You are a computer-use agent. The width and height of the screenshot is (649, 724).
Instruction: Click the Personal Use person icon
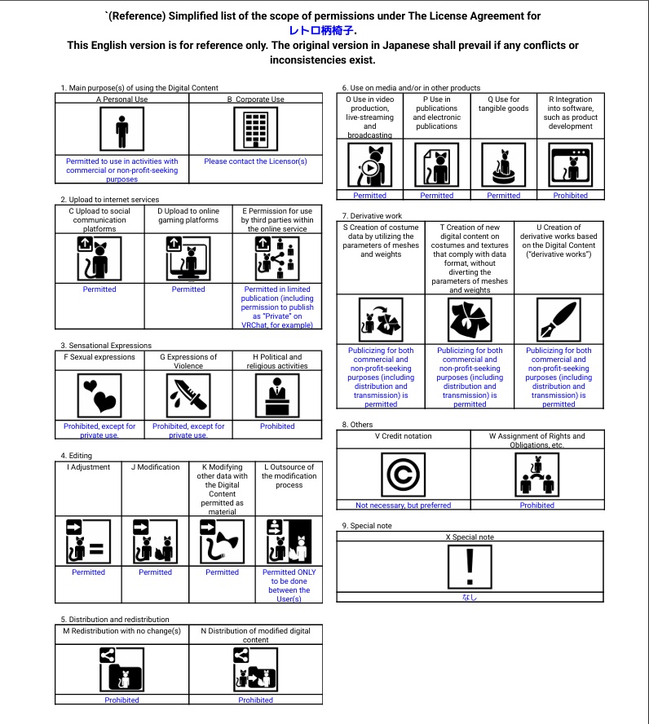click(x=121, y=129)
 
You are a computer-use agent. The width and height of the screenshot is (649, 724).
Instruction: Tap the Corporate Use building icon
click(x=256, y=129)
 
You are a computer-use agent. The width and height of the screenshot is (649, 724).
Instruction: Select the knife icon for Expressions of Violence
click(x=188, y=395)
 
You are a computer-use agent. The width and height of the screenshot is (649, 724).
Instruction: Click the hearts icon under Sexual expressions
click(x=99, y=395)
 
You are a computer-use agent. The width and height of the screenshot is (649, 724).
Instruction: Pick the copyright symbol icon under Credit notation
click(x=403, y=475)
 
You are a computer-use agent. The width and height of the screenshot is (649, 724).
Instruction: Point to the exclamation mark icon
click(x=470, y=567)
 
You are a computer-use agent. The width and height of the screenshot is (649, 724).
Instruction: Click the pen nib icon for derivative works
click(x=558, y=320)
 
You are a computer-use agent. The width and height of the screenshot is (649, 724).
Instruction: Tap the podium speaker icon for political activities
click(x=277, y=395)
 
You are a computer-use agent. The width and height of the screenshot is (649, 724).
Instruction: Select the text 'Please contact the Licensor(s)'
click(x=256, y=161)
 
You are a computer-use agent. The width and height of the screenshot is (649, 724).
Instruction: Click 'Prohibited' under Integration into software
click(x=571, y=196)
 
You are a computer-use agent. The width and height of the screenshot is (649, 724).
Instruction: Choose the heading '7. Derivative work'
click(x=372, y=215)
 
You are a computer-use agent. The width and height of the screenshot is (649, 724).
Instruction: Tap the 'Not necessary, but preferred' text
click(x=403, y=505)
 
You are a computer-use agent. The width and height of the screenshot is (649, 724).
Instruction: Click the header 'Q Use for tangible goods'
click(x=504, y=104)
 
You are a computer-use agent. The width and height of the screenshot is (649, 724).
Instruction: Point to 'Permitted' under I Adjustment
click(x=89, y=572)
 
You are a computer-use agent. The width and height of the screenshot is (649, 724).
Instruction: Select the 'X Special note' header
click(x=470, y=537)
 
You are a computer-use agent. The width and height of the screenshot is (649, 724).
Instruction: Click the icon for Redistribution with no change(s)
click(x=121, y=669)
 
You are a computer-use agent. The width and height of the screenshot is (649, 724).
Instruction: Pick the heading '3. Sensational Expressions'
click(x=106, y=346)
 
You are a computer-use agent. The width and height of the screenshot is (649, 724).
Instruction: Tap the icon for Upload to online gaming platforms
click(x=188, y=258)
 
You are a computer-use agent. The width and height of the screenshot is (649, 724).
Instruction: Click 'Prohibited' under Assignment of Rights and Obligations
click(x=537, y=505)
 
